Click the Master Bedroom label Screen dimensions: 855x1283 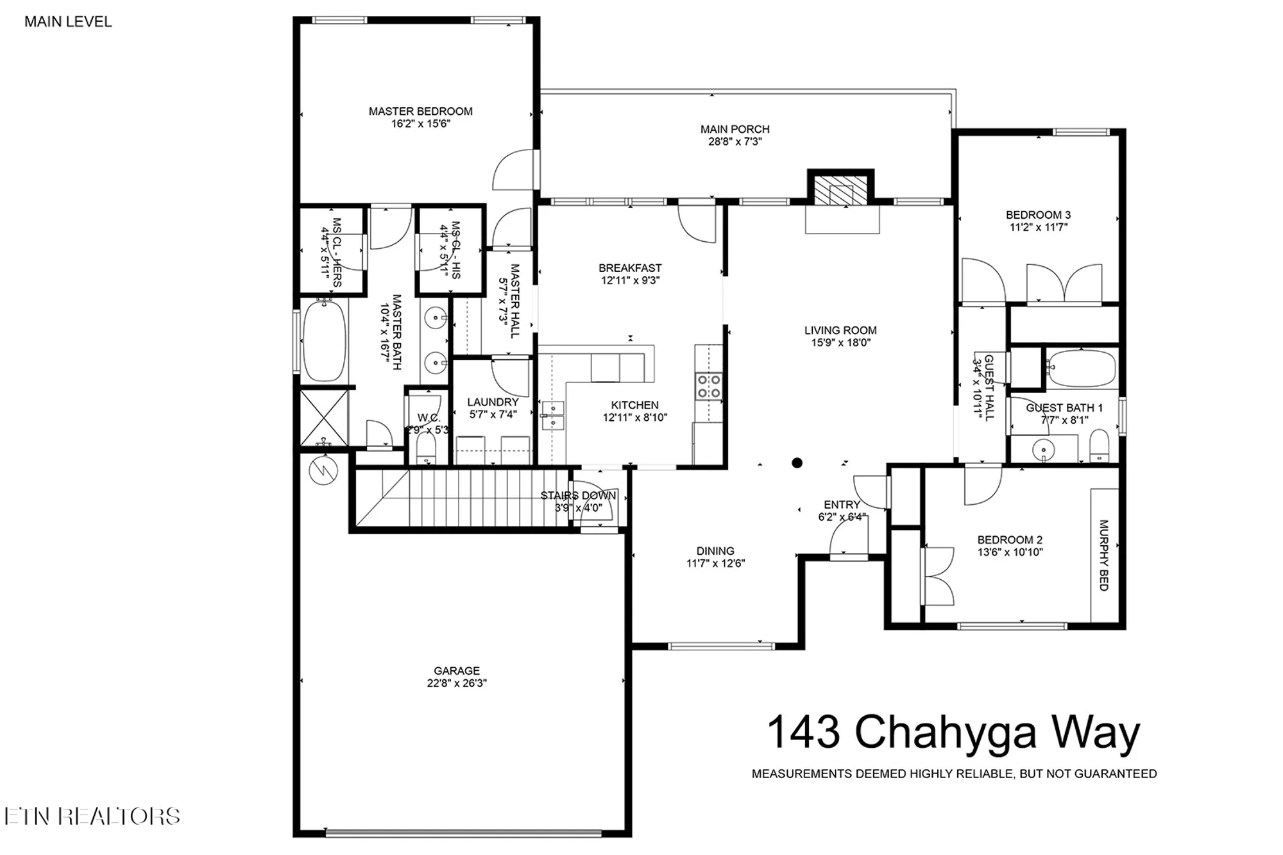pos(420,112)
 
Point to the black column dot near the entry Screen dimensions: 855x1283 pos(797,462)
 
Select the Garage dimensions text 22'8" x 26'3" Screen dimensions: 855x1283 pos(457,683)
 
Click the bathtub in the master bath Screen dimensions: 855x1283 pos(324,341)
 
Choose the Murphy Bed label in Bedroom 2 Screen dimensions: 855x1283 pos(1104,555)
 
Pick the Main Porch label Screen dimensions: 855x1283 pos(735,130)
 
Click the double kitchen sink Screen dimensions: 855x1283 pos(552,415)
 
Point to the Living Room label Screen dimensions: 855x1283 pos(840,331)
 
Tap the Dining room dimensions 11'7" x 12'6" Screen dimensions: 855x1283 pos(715,563)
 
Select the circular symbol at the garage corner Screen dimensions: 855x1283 pos(323,471)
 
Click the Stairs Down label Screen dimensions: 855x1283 pos(578,496)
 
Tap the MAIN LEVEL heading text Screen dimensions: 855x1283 pos(68,22)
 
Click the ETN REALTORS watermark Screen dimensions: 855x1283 pos(92,816)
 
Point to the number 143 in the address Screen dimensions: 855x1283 pos(803,732)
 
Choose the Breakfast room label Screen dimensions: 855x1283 pos(630,268)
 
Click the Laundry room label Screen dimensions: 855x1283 pos(493,402)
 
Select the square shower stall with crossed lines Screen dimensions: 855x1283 pos(325,416)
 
